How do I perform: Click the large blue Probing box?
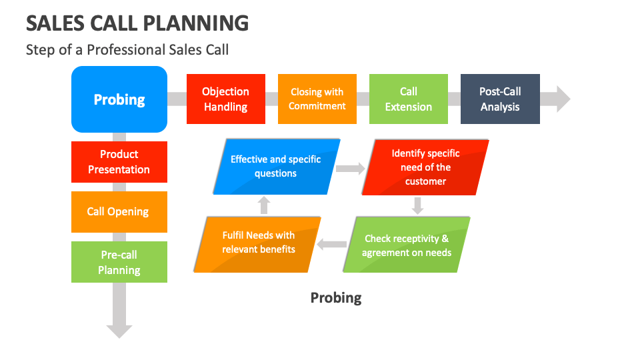[x=119, y=99]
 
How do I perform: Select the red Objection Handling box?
[x=225, y=99]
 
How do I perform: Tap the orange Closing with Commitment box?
[x=317, y=99]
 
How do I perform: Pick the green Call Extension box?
[x=409, y=99]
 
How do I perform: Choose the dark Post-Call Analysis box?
[x=500, y=99]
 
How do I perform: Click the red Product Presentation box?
[x=119, y=162]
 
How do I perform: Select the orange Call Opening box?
[x=119, y=212]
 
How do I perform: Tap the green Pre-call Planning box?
[x=119, y=262]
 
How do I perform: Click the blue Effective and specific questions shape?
[x=276, y=167]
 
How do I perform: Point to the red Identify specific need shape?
[x=425, y=167]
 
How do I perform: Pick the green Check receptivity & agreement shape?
[x=407, y=245]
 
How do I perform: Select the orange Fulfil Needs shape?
[x=259, y=243]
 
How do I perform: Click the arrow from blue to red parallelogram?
[x=350, y=169]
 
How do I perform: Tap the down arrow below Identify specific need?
[x=417, y=206]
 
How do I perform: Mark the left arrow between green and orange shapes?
[x=331, y=245]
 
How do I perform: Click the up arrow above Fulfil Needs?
[x=264, y=205]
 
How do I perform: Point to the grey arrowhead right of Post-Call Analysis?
[x=562, y=99]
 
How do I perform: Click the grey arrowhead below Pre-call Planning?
[x=119, y=330]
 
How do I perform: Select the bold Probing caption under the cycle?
[x=336, y=297]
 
